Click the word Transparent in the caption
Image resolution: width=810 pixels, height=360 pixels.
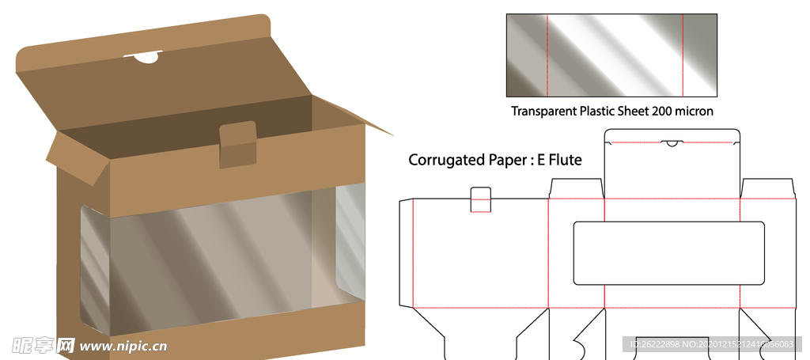(x=543, y=112)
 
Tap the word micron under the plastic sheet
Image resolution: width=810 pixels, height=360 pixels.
(x=693, y=112)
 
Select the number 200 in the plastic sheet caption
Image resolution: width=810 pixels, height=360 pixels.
(x=662, y=112)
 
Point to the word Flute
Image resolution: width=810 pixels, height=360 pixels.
(x=562, y=161)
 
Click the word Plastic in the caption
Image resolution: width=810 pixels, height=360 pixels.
(x=601, y=112)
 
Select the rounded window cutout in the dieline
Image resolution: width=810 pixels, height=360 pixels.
(x=668, y=253)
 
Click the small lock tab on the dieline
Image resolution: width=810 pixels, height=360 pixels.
(x=480, y=199)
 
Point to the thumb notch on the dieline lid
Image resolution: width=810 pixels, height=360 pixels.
(x=672, y=144)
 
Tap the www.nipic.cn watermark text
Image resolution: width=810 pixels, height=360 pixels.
(x=123, y=346)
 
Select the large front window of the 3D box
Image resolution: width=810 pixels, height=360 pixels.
(x=210, y=261)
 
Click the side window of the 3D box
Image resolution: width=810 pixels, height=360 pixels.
(x=350, y=237)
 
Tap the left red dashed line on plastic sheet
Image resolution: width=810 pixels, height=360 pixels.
(x=547, y=55)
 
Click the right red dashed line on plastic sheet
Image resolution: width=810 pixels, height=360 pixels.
(x=682, y=55)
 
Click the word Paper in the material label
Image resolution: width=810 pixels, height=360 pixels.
(x=503, y=161)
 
